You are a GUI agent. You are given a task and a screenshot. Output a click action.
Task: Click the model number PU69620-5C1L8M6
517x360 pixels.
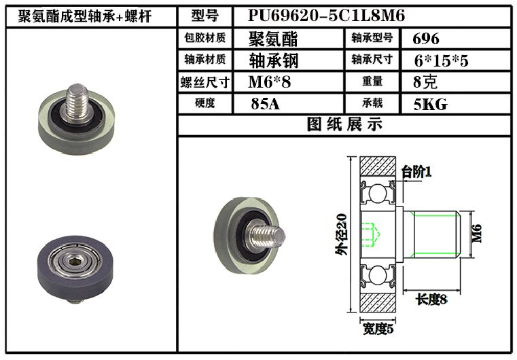[x=326, y=16]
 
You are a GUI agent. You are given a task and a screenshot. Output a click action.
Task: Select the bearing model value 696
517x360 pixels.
[x=426, y=39]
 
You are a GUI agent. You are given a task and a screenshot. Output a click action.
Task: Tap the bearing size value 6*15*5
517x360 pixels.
[x=441, y=60]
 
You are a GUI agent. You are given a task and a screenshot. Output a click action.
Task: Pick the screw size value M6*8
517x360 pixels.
[x=270, y=82]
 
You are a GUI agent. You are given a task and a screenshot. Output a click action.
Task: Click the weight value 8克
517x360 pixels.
[x=425, y=82]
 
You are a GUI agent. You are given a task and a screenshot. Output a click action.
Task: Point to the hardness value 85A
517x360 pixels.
[x=265, y=104]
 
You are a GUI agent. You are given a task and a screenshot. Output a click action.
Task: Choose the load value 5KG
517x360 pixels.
[x=431, y=104]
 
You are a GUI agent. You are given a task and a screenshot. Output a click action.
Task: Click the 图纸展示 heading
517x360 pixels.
[x=344, y=124]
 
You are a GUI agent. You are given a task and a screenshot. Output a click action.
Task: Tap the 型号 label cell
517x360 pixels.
[x=204, y=16]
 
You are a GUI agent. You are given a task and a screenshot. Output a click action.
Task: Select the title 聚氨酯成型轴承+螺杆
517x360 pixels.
[x=85, y=16]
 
